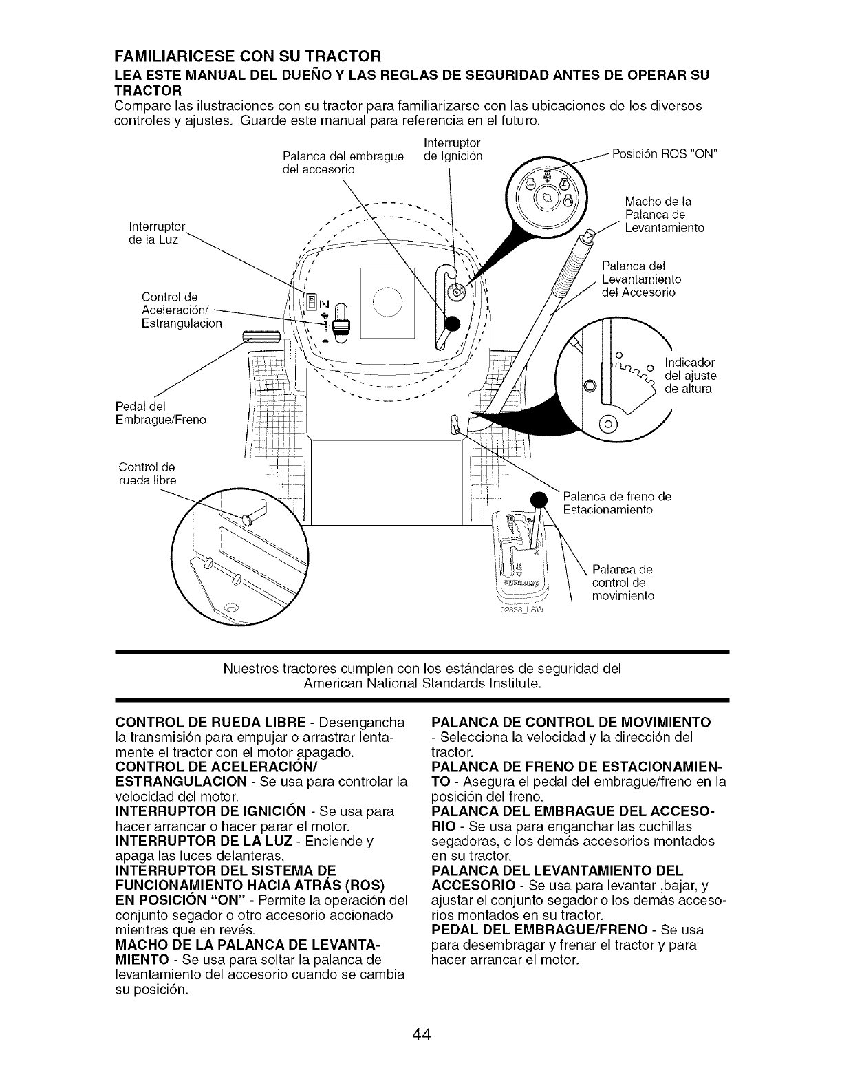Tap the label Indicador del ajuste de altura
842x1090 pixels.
tap(690, 376)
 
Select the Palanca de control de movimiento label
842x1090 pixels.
tap(623, 582)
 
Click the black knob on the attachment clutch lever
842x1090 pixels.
tap(452, 324)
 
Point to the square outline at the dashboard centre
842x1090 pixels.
tap(387, 303)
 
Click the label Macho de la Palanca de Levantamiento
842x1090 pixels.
tap(664, 215)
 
